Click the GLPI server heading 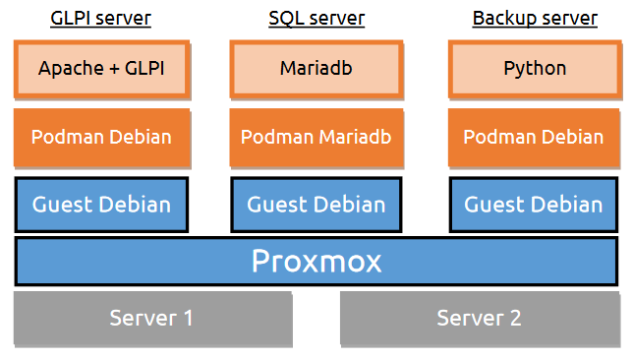coord(102,19)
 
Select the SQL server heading coord(316,19)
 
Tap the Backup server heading coord(535,19)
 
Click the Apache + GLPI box coord(102,68)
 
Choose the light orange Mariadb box coord(316,68)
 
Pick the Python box coord(535,68)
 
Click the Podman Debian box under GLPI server coord(102,137)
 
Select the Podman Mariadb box coord(316,137)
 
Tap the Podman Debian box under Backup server coord(535,137)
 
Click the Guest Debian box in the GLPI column coord(102,205)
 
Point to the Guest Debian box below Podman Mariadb coord(316,205)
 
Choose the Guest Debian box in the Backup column coord(535,205)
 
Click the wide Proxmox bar coord(316,262)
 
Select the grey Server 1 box coord(152,319)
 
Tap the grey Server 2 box coord(480,319)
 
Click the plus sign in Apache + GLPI coord(111,69)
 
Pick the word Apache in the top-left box coord(69,69)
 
